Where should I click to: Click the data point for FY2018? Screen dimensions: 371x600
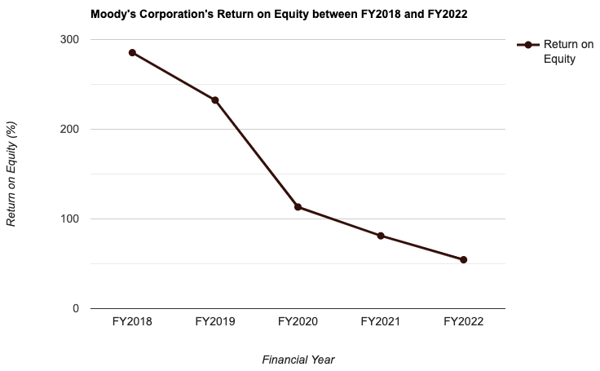pos(132,53)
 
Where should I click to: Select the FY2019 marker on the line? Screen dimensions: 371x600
pos(215,100)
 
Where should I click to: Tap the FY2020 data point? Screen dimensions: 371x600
pos(298,207)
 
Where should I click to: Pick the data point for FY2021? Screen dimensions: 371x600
pos(381,236)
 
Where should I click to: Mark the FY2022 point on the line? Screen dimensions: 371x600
pos(463,260)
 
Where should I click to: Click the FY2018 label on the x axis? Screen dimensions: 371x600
pos(132,322)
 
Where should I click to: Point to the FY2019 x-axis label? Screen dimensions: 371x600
pos(215,322)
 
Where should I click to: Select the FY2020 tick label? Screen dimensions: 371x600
pos(298,322)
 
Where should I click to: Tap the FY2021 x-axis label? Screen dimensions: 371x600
pos(381,322)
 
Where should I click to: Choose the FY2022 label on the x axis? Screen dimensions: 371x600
pos(463,322)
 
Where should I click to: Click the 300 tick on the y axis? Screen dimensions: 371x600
pos(69,40)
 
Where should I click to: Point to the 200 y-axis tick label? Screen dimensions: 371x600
pos(69,130)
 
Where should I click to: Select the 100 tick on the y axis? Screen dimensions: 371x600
pos(69,219)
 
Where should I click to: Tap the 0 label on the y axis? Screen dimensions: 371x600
pos(75,309)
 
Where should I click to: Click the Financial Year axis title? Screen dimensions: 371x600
pos(298,360)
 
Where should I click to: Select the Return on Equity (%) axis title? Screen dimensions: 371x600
pos(11,174)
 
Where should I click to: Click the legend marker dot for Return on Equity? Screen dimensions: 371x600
pos(527,45)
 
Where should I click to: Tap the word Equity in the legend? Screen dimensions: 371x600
pos(560,60)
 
